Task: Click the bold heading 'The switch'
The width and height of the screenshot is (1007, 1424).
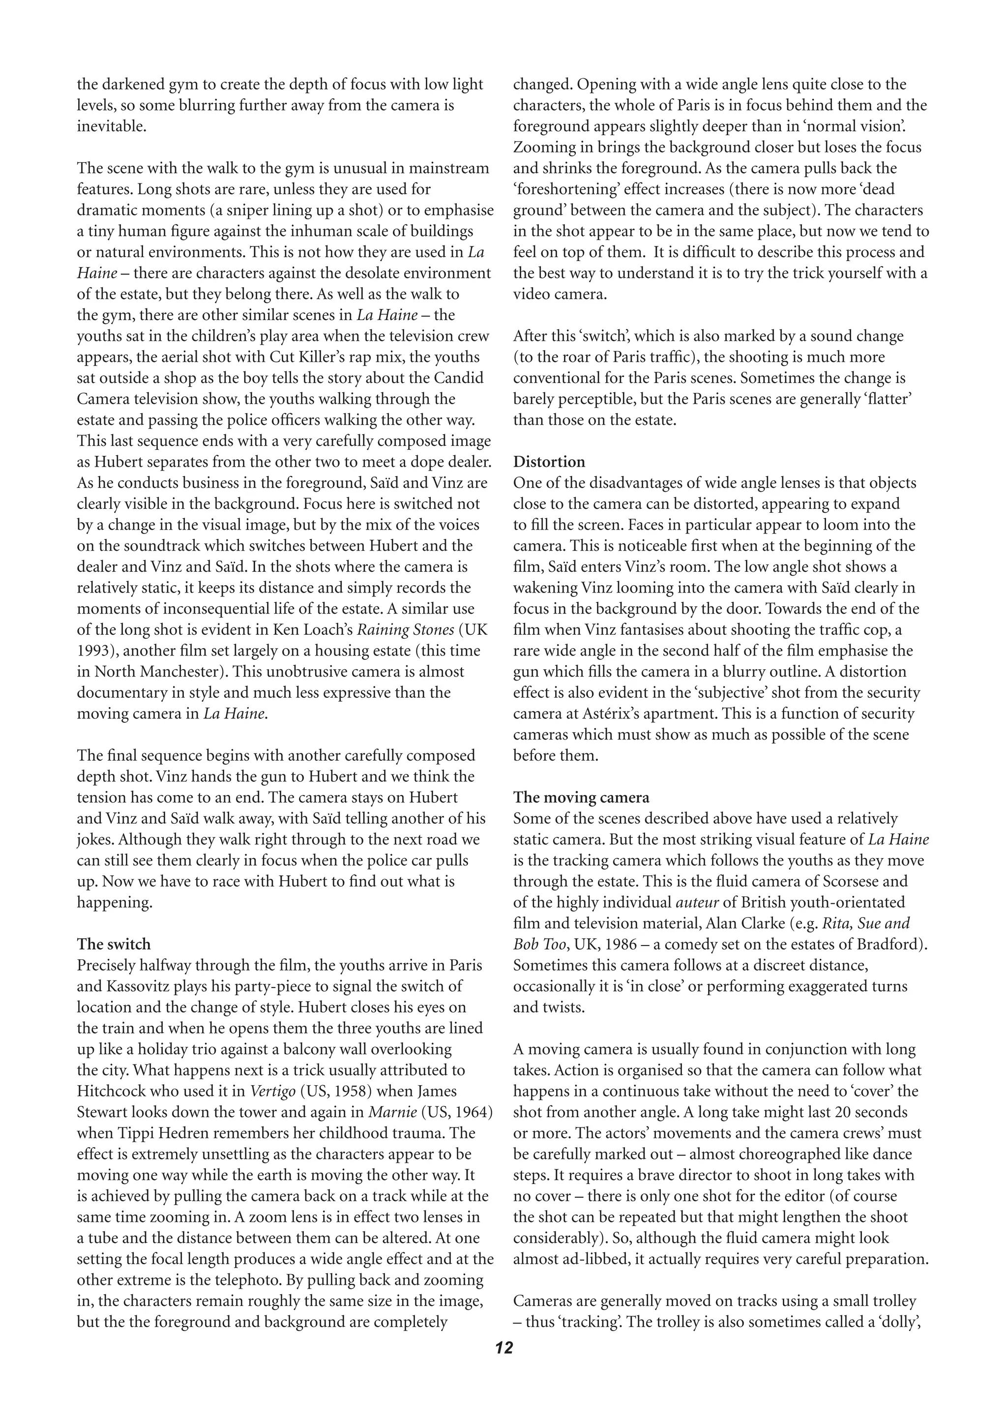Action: click(x=114, y=944)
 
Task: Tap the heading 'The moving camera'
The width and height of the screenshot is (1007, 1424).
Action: click(x=581, y=797)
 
